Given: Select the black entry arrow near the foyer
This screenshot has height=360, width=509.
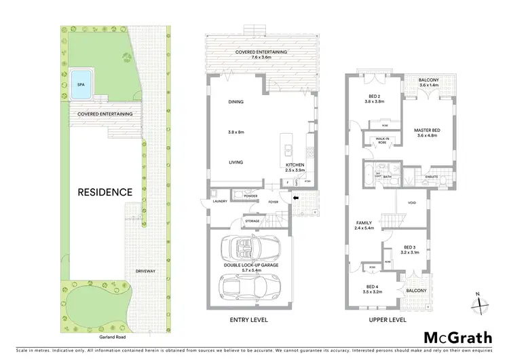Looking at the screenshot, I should click(295, 198).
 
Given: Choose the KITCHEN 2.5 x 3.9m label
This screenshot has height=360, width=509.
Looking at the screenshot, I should click(295, 168).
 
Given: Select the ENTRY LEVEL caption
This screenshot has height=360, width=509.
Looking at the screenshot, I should click(250, 320).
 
